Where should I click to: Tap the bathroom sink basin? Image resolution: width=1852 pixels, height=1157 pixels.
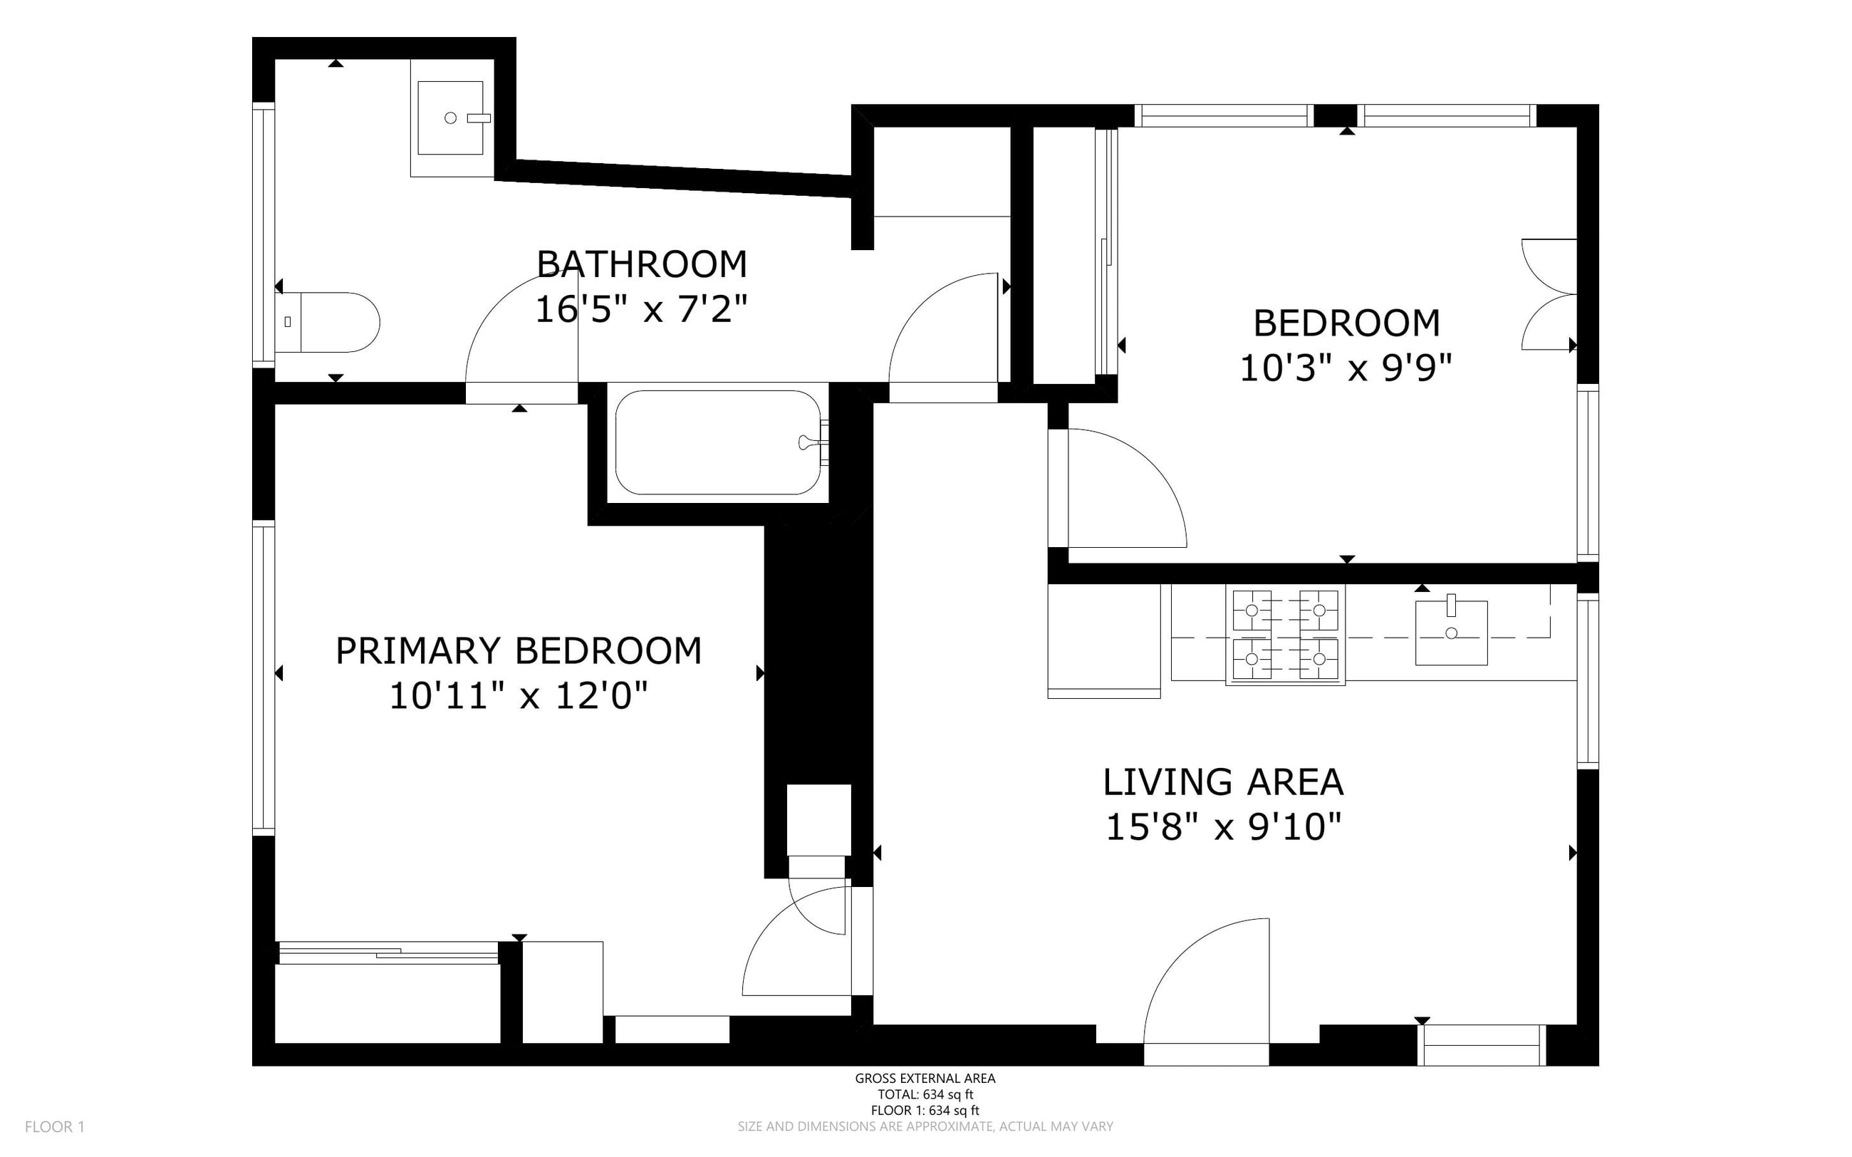pos(451,118)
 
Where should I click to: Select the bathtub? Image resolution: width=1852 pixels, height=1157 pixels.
pos(717,442)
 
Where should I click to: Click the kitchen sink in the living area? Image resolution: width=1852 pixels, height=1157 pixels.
pos(1451,633)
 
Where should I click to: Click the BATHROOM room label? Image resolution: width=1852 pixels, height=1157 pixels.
pos(642,265)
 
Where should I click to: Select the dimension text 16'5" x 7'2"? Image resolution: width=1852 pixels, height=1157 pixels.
pos(641,310)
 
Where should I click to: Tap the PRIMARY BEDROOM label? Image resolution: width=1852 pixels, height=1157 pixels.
pos(519,651)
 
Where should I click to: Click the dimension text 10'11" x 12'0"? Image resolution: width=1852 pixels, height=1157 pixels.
pos(519,696)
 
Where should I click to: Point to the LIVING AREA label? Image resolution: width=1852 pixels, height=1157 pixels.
pos(1223,782)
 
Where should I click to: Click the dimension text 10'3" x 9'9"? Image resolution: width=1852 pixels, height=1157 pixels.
pos(1346,368)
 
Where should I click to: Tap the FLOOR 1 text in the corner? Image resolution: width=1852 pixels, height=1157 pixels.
pos(54,1126)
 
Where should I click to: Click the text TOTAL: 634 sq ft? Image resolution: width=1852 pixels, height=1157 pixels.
pos(925,1094)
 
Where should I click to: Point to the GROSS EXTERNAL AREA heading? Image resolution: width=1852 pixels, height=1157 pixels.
pos(925,1078)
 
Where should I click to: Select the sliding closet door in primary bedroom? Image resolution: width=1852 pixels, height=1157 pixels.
pos(389,953)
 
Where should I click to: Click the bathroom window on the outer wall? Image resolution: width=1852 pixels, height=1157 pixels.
pos(263,235)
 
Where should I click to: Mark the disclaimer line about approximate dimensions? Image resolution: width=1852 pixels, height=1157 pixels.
pos(925,1126)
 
